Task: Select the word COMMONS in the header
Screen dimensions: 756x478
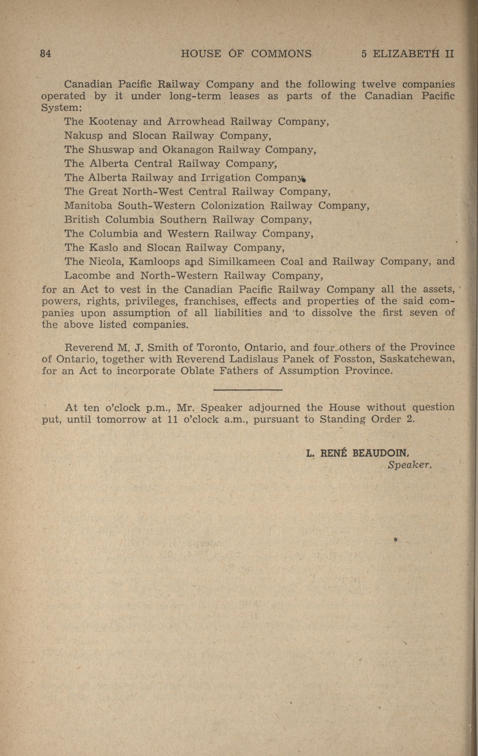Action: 281,54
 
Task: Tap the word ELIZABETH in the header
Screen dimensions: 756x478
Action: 406,54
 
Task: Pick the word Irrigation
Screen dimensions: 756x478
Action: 226,178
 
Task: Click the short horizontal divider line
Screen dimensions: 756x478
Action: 248,390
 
